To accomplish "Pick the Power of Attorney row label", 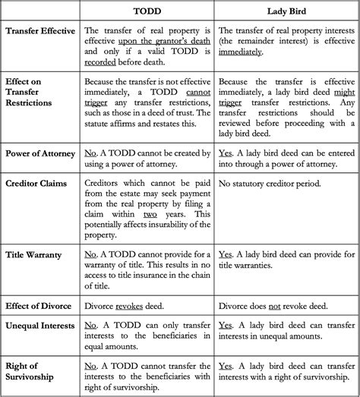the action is (x=40, y=153).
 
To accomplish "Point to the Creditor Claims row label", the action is (x=37, y=183).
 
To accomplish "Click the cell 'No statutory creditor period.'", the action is (x=270, y=183).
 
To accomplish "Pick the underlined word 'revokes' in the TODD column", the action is (x=131, y=306).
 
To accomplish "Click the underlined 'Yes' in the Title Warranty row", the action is (x=226, y=254).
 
